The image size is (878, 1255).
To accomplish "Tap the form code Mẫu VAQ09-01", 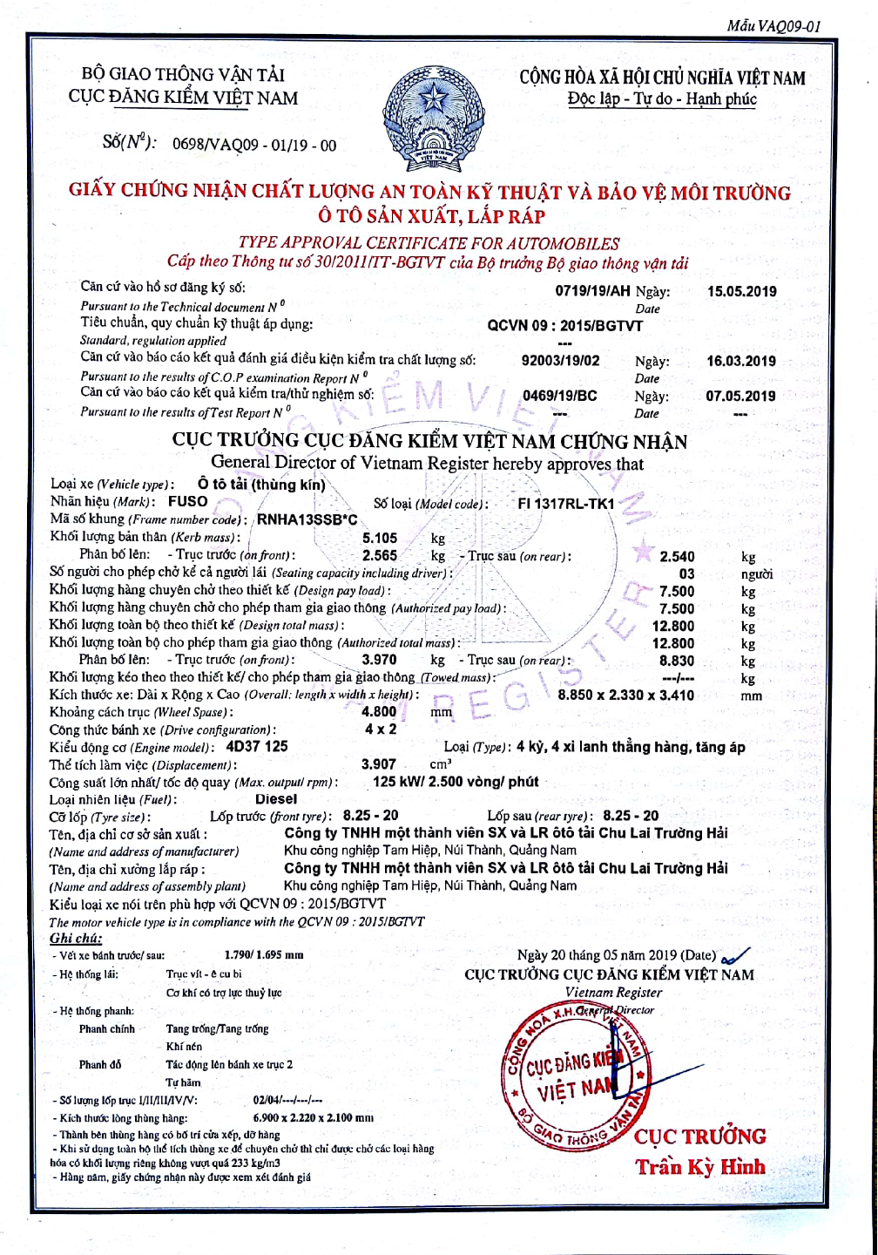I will tap(773, 26).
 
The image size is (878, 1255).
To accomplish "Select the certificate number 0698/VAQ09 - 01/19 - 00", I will tap(254, 146).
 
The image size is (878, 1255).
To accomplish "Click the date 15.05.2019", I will tap(741, 292).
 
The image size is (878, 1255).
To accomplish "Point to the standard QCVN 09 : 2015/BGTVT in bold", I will tap(565, 326).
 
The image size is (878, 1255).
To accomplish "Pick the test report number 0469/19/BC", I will tap(560, 396).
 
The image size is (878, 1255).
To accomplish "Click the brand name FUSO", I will tap(188, 501).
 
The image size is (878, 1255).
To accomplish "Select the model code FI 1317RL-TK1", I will tap(565, 504).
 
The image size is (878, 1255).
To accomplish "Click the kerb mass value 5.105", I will tap(380, 539).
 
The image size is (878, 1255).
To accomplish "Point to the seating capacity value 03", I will tap(687, 573).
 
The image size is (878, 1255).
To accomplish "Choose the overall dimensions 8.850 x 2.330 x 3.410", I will tap(626, 695).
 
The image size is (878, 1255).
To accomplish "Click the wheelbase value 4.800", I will tap(379, 712).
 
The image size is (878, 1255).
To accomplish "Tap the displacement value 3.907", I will tap(379, 764).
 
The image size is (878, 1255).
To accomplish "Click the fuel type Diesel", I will tap(276, 799).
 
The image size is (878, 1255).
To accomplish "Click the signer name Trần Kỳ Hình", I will tap(700, 1167).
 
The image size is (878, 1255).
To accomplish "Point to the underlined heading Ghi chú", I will tap(76, 939).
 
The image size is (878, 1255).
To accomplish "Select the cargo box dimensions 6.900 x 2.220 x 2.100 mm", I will tap(314, 1117).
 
